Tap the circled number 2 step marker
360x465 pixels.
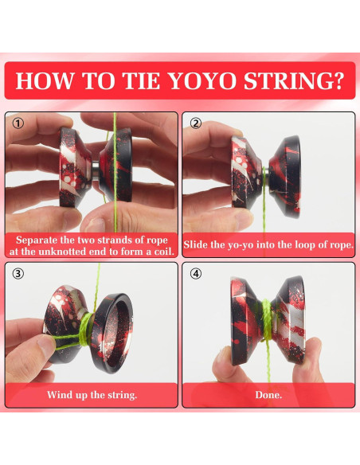pyautogui.click(x=196, y=125)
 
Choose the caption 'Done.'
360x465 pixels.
pyautogui.click(x=268, y=395)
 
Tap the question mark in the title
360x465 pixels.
pyautogui.click(x=337, y=81)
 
